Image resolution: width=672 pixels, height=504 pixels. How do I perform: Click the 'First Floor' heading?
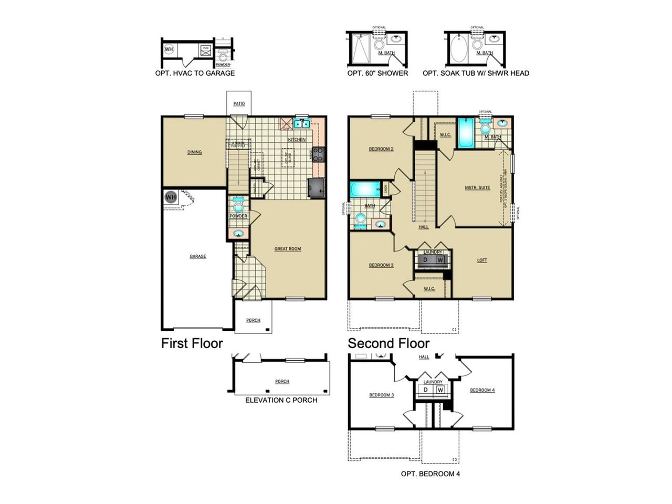192,343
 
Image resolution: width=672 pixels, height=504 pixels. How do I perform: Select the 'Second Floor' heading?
388,343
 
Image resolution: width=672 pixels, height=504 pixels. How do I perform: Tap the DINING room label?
194,152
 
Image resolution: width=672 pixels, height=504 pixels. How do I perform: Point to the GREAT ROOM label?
288,249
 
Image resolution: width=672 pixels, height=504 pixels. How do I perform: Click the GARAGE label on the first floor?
198,257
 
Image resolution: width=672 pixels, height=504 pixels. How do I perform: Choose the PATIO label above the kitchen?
239,104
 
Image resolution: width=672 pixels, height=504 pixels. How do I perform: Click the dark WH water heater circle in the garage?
171,197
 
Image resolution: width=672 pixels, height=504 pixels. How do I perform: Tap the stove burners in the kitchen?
319,154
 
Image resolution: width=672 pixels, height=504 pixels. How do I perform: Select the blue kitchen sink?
301,124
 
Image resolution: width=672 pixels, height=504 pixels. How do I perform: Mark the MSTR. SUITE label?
477,187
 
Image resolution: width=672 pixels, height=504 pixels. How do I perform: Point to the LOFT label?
482,260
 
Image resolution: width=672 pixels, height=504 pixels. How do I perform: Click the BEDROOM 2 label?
381,149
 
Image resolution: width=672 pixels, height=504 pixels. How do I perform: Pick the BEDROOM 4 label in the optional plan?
482,390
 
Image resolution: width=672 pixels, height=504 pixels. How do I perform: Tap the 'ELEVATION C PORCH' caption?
281,400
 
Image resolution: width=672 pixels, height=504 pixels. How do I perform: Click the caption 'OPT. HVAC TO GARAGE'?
195,73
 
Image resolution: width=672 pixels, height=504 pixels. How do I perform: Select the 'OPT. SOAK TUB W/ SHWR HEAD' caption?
476,73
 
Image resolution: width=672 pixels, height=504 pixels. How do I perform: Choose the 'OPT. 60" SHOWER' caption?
377,73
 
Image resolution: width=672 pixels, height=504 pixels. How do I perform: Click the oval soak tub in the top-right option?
459,50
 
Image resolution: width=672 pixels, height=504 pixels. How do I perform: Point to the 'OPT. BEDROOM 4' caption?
430,474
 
